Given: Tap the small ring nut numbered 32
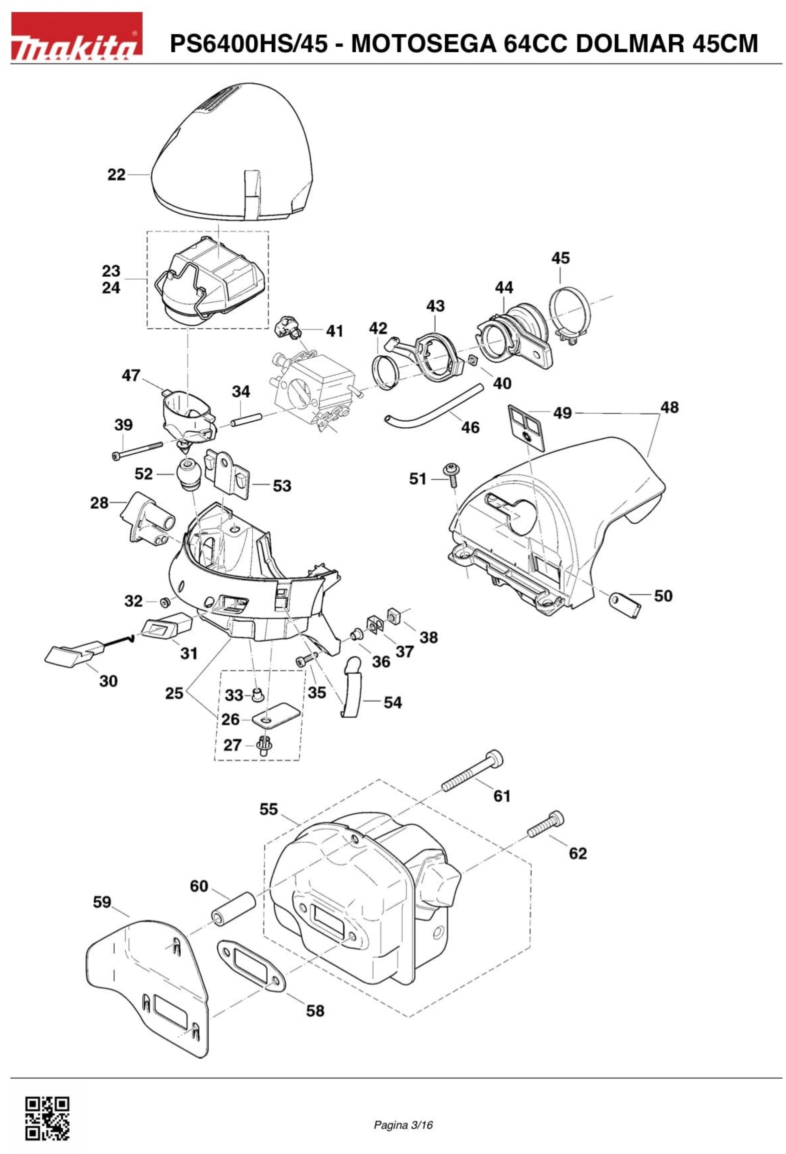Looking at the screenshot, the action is (163, 602).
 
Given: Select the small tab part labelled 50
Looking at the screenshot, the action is (624, 604).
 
